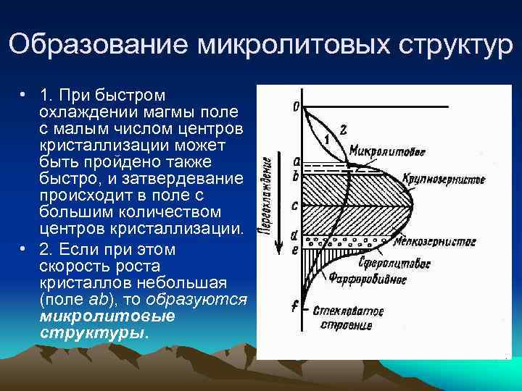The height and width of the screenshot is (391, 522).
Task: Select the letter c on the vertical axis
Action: (x=294, y=205)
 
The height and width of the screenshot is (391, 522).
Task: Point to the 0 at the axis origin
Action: (x=295, y=106)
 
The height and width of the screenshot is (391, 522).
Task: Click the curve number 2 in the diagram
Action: (x=343, y=130)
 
